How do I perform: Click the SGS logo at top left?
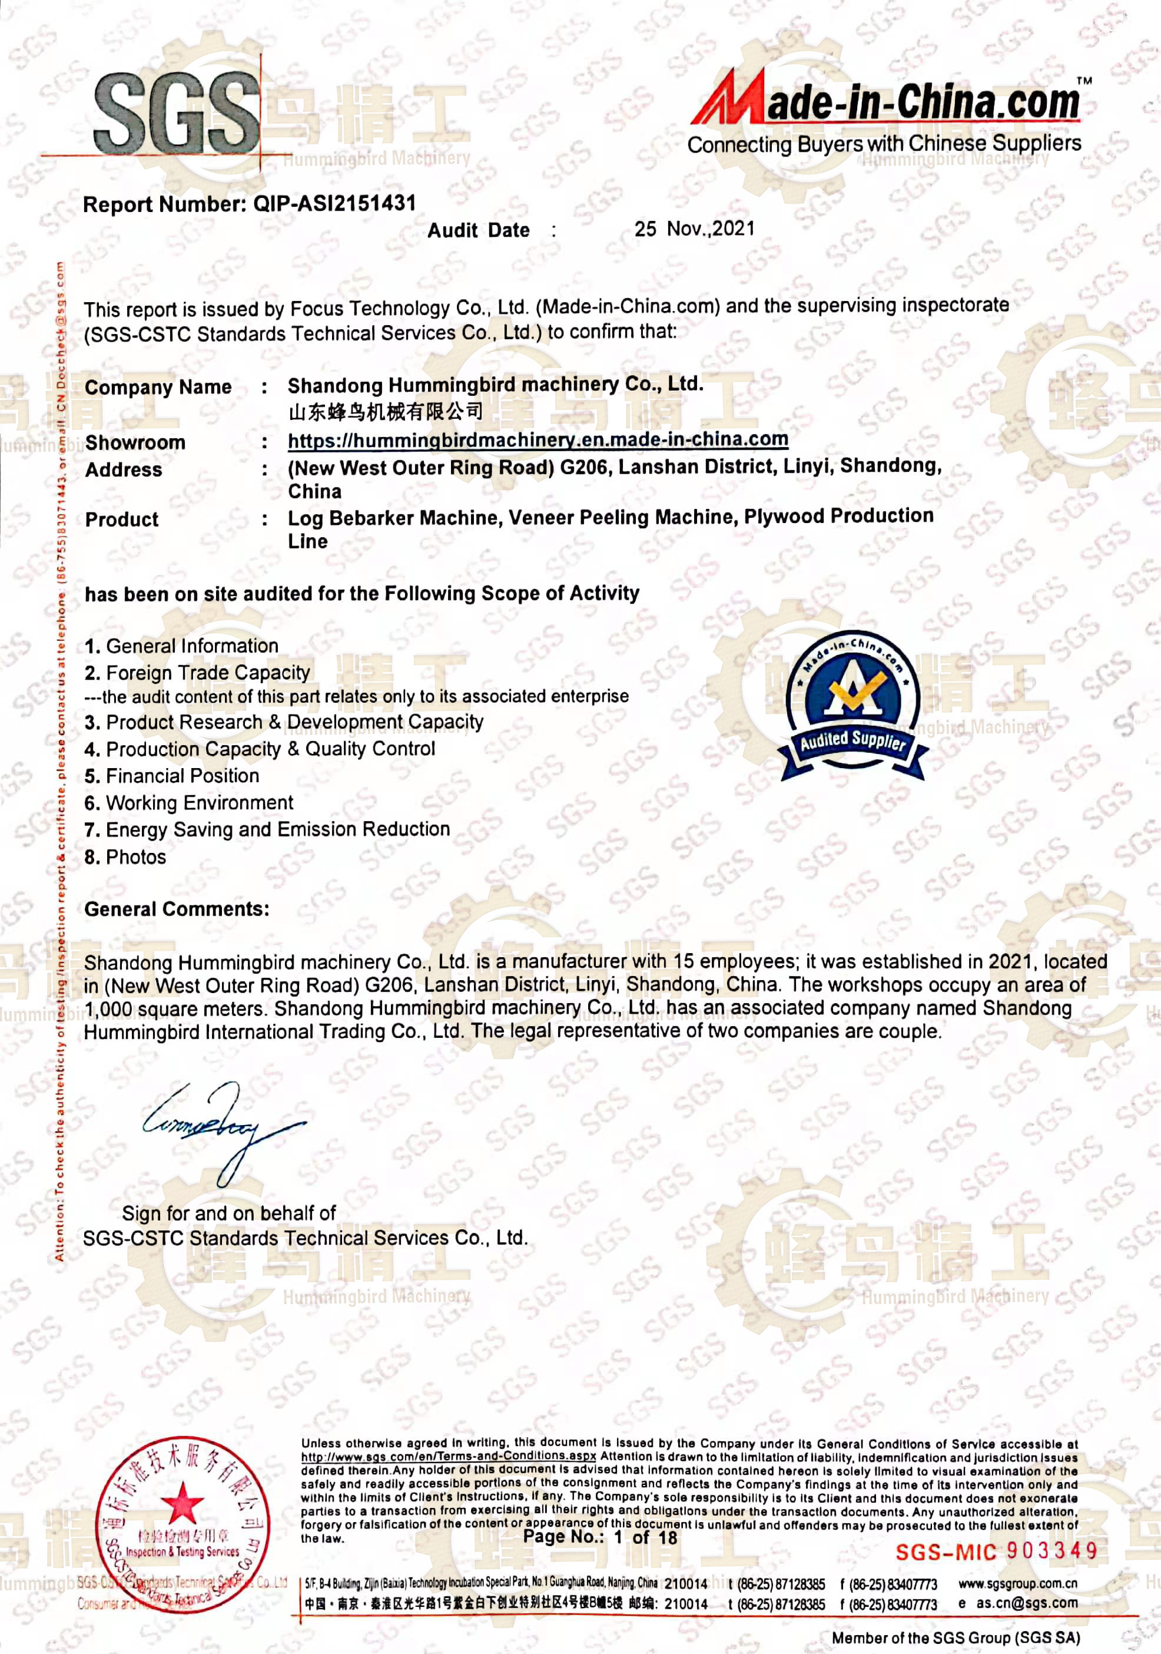pyautogui.click(x=177, y=113)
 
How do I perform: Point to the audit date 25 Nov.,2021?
pyautogui.click(x=694, y=229)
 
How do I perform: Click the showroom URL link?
pyautogui.click(x=538, y=439)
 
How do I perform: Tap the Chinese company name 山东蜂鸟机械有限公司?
pyautogui.click(x=385, y=412)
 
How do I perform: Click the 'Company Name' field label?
pyautogui.click(x=158, y=388)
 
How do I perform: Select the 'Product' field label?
pyautogui.click(x=122, y=520)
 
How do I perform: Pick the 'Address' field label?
pyautogui.click(x=124, y=469)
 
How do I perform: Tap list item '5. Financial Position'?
pyautogui.click(x=171, y=776)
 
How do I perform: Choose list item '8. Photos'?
pyautogui.click(x=125, y=857)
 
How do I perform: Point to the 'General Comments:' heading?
pyautogui.click(x=177, y=909)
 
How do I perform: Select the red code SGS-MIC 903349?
pyautogui.click(x=997, y=1551)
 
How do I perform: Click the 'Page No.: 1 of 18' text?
pyautogui.click(x=600, y=1537)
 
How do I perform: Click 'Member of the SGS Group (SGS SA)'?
pyautogui.click(x=956, y=1638)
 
